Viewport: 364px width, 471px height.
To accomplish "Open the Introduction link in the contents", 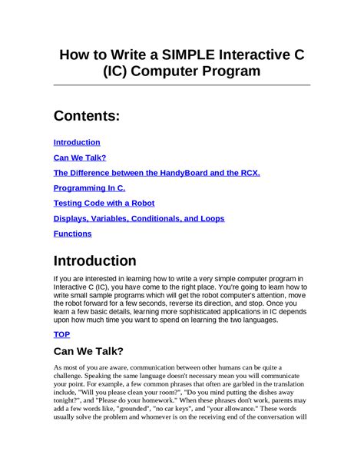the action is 77,142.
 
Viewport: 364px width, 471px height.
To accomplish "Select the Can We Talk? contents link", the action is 80,158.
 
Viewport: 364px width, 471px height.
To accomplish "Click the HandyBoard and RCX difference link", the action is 157,173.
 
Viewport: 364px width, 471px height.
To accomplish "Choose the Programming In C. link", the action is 89,188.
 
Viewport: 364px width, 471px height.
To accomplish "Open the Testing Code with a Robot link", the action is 104,203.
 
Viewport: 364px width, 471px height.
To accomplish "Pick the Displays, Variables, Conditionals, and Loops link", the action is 138,218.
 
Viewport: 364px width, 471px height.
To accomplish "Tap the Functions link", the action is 72,234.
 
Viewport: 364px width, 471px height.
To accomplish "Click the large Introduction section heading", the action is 94,260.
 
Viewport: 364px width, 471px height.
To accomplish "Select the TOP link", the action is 61,334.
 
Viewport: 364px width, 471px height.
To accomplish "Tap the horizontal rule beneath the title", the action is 182,85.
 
